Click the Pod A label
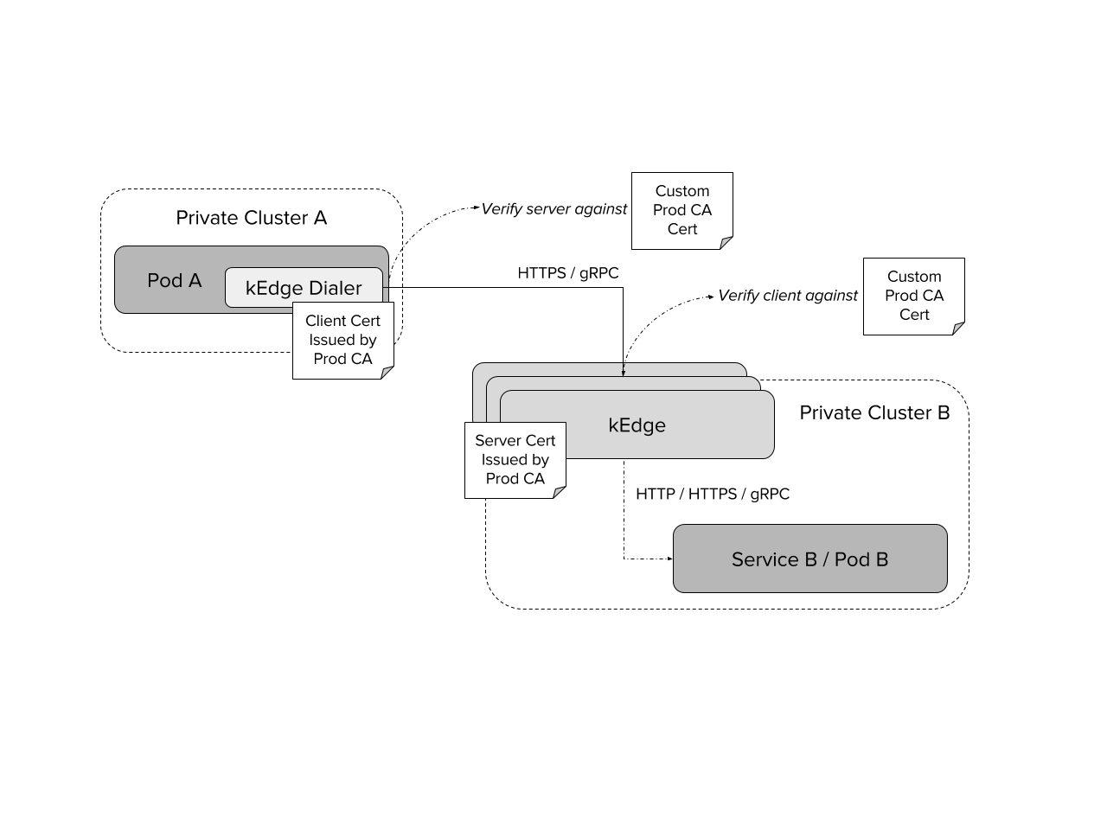(x=174, y=281)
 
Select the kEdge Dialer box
(x=304, y=287)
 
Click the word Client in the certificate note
(x=324, y=321)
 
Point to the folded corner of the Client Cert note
(x=387, y=373)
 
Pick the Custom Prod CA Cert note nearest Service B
(x=914, y=296)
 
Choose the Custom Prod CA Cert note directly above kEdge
(x=682, y=210)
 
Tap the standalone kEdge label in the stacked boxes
(x=637, y=425)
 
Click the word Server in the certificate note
(x=497, y=441)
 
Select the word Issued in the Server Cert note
(x=502, y=460)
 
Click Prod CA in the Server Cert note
(x=515, y=479)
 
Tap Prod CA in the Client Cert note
(x=342, y=359)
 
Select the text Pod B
(x=861, y=559)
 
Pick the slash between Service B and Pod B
(x=826, y=559)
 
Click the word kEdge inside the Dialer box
(x=274, y=288)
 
